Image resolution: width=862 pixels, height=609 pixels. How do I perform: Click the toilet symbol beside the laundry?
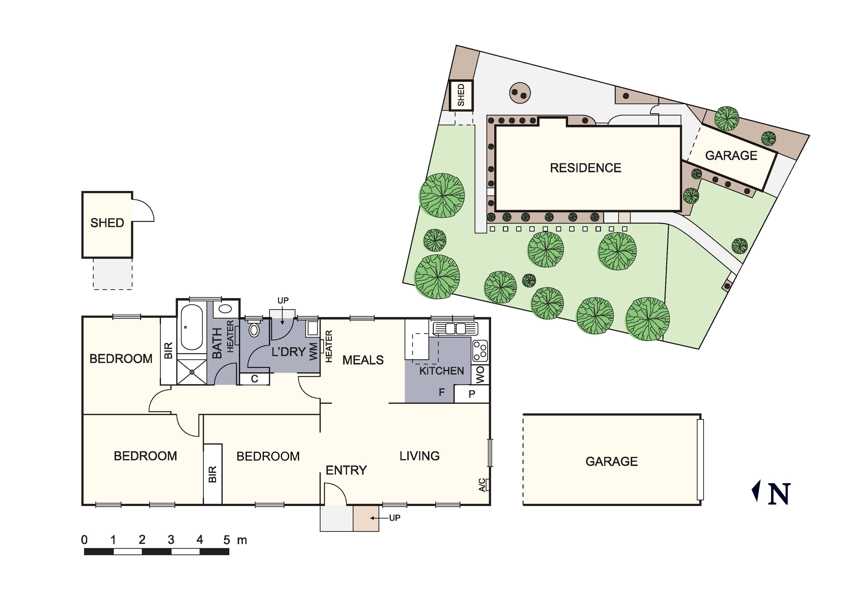254,329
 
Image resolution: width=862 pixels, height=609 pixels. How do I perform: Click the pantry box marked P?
471,394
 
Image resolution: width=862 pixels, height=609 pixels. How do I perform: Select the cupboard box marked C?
255,379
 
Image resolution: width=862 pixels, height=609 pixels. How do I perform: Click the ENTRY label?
346,470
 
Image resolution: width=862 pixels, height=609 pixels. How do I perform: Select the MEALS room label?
363,360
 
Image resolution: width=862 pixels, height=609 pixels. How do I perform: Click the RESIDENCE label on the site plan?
585,168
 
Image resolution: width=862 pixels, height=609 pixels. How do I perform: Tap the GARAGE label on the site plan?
731,155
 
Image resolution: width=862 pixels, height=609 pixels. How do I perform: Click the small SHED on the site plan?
461,95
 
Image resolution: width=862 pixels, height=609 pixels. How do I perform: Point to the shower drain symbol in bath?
192,372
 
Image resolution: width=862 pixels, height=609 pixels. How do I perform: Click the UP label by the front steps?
394,518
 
